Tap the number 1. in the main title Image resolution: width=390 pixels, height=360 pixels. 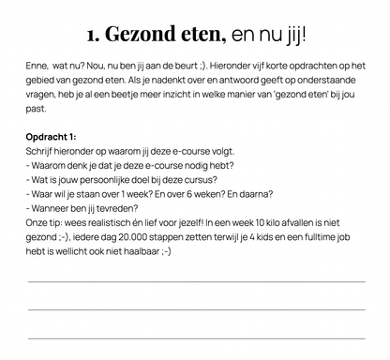[93, 36]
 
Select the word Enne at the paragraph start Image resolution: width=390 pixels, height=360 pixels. [38, 68]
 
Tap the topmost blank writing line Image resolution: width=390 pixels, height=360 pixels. [196, 281]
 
